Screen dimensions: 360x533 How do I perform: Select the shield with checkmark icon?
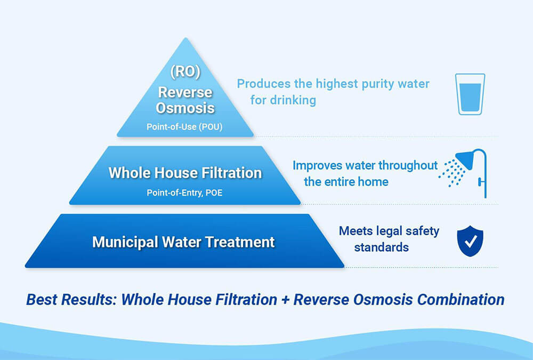pos(470,241)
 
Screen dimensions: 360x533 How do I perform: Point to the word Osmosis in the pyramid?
pos(185,108)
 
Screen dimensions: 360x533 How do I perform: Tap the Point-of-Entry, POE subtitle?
pos(184,193)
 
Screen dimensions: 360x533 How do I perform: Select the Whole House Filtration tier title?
pos(185,173)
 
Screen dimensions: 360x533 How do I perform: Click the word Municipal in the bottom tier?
pos(123,242)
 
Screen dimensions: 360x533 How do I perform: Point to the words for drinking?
pos(283,100)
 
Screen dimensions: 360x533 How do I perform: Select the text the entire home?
pos(346,182)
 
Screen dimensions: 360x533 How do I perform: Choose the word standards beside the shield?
pos(381,247)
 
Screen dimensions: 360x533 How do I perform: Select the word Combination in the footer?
pos(461,299)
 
